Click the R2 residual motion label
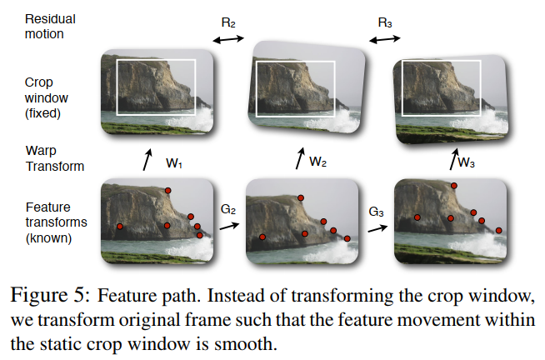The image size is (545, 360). [227, 23]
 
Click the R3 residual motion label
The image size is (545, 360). [385, 23]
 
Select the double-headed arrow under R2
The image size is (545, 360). [227, 38]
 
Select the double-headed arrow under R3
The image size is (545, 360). [385, 38]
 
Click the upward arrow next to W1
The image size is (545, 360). [147, 160]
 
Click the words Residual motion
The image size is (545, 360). [49, 26]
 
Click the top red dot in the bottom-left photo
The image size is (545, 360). [167, 191]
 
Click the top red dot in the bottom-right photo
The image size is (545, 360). [454, 186]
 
